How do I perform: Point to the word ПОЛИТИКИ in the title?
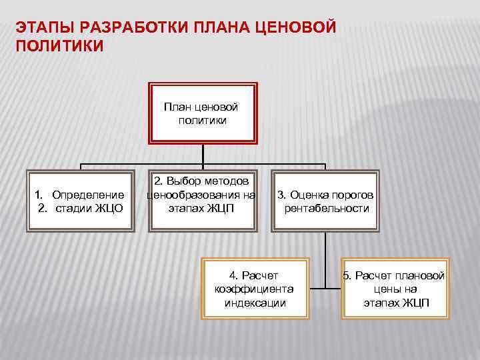59,47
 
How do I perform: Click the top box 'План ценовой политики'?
203,113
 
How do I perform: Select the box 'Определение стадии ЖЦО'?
80,201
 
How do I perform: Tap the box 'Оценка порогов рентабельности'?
326,201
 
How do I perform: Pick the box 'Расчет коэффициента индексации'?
255,289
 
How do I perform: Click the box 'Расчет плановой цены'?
396,289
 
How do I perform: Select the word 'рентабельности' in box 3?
327,208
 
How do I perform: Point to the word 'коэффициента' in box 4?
254,289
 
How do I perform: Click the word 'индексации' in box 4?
255,303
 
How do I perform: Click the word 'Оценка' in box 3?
306,195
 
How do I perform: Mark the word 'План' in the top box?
175,107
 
